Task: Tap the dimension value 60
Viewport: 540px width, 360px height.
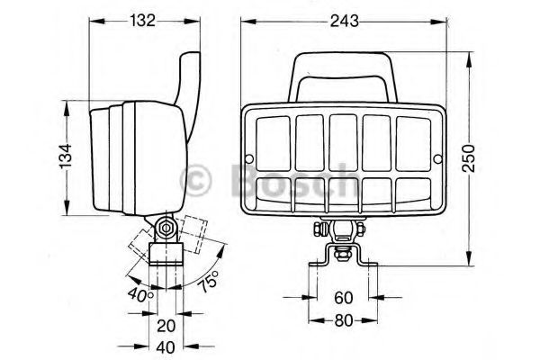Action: tap(343, 298)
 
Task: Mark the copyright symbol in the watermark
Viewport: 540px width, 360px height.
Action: tap(197, 180)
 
